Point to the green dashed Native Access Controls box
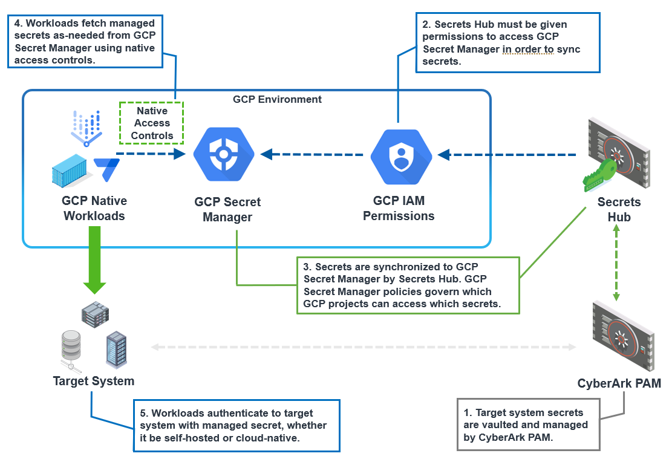point(152,123)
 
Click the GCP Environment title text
point(277,99)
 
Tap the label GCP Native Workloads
point(94,208)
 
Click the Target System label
point(94,381)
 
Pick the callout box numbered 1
point(528,424)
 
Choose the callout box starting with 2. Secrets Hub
point(507,43)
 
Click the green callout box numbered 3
point(408,285)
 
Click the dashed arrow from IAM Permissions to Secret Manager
point(315,155)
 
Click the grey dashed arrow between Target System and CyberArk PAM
point(363,347)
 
